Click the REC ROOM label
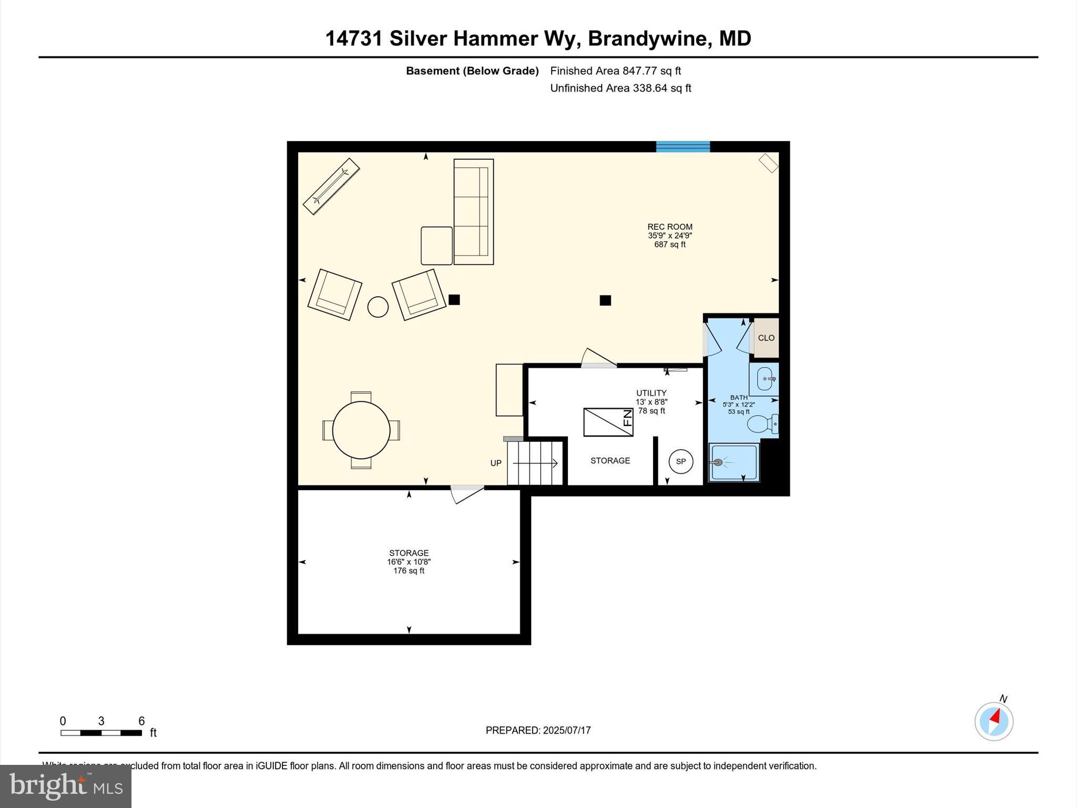pos(669,227)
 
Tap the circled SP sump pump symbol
pos(680,461)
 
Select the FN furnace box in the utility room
pos(608,422)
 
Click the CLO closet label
pos(766,338)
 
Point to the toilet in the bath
pos(761,423)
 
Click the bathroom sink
pos(765,379)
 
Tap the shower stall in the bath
pos(734,462)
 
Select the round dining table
pos(361,430)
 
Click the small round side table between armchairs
pos(378,307)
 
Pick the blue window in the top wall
pos(683,146)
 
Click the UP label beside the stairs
pos(495,463)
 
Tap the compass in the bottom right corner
pos(993,721)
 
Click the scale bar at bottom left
pos(101,732)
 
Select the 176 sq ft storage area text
pos(409,571)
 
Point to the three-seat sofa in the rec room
pos(473,211)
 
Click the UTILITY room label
pos(651,393)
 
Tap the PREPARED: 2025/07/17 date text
pos(538,730)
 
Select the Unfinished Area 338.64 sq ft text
pos(620,88)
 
